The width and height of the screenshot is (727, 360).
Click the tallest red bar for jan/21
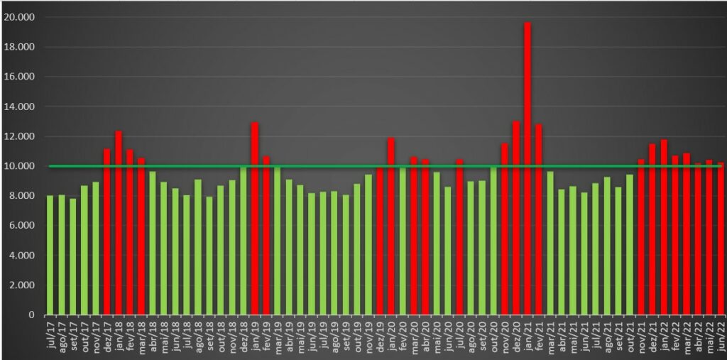[528, 170]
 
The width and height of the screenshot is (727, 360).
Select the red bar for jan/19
[255, 220]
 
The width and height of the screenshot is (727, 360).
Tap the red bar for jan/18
[119, 224]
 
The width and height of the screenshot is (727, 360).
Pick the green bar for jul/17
[50, 256]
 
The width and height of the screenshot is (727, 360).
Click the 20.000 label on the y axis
[24, 17]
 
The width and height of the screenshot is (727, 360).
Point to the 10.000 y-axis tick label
[24, 166]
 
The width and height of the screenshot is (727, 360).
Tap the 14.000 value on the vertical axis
[24, 107]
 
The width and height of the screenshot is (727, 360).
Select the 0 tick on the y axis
[33, 315]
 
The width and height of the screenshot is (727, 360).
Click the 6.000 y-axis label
[26, 226]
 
